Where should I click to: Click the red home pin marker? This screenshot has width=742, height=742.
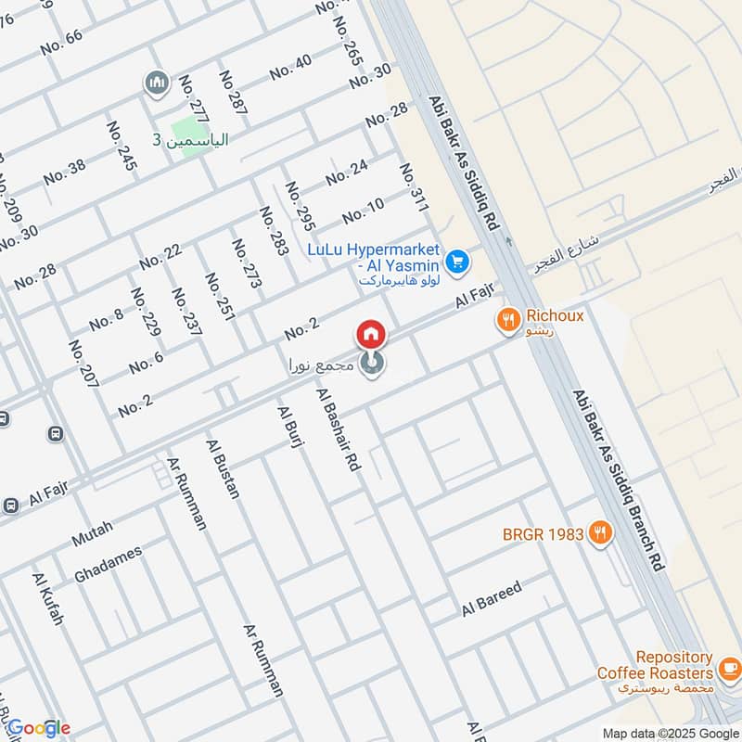click(370, 334)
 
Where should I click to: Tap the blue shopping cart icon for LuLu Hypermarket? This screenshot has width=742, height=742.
click(455, 263)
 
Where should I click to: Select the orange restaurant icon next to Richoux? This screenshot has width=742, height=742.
click(507, 321)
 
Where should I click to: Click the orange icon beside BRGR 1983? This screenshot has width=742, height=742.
click(601, 533)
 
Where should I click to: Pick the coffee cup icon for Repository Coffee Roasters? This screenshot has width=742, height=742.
click(730, 665)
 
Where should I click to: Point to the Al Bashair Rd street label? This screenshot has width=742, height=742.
click(338, 431)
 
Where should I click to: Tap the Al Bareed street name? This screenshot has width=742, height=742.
click(493, 599)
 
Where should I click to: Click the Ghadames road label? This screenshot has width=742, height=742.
click(108, 564)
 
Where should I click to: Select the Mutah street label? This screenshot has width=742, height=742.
click(92, 533)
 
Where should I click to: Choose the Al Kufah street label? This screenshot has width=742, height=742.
click(47, 599)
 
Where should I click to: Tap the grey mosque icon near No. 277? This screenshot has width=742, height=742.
click(156, 84)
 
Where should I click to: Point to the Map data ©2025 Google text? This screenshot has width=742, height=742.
click(667, 732)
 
